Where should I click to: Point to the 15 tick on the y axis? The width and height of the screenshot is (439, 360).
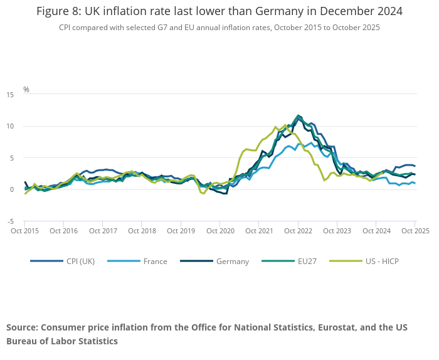[x=10, y=95]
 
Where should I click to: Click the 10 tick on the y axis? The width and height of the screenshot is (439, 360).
[x=10, y=126]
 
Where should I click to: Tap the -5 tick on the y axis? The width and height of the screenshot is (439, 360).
[x=10, y=221]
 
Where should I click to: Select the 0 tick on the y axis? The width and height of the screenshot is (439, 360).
[x=11, y=189]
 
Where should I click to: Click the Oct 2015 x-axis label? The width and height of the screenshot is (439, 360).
[x=25, y=231]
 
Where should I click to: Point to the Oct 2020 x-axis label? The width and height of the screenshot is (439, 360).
[x=220, y=231]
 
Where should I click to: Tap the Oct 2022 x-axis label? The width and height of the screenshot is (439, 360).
[x=298, y=231]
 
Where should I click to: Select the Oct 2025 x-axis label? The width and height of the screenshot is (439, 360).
[x=415, y=231]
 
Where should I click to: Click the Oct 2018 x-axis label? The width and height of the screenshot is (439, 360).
[x=142, y=231]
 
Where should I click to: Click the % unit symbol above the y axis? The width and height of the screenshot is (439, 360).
[x=26, y=90]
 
